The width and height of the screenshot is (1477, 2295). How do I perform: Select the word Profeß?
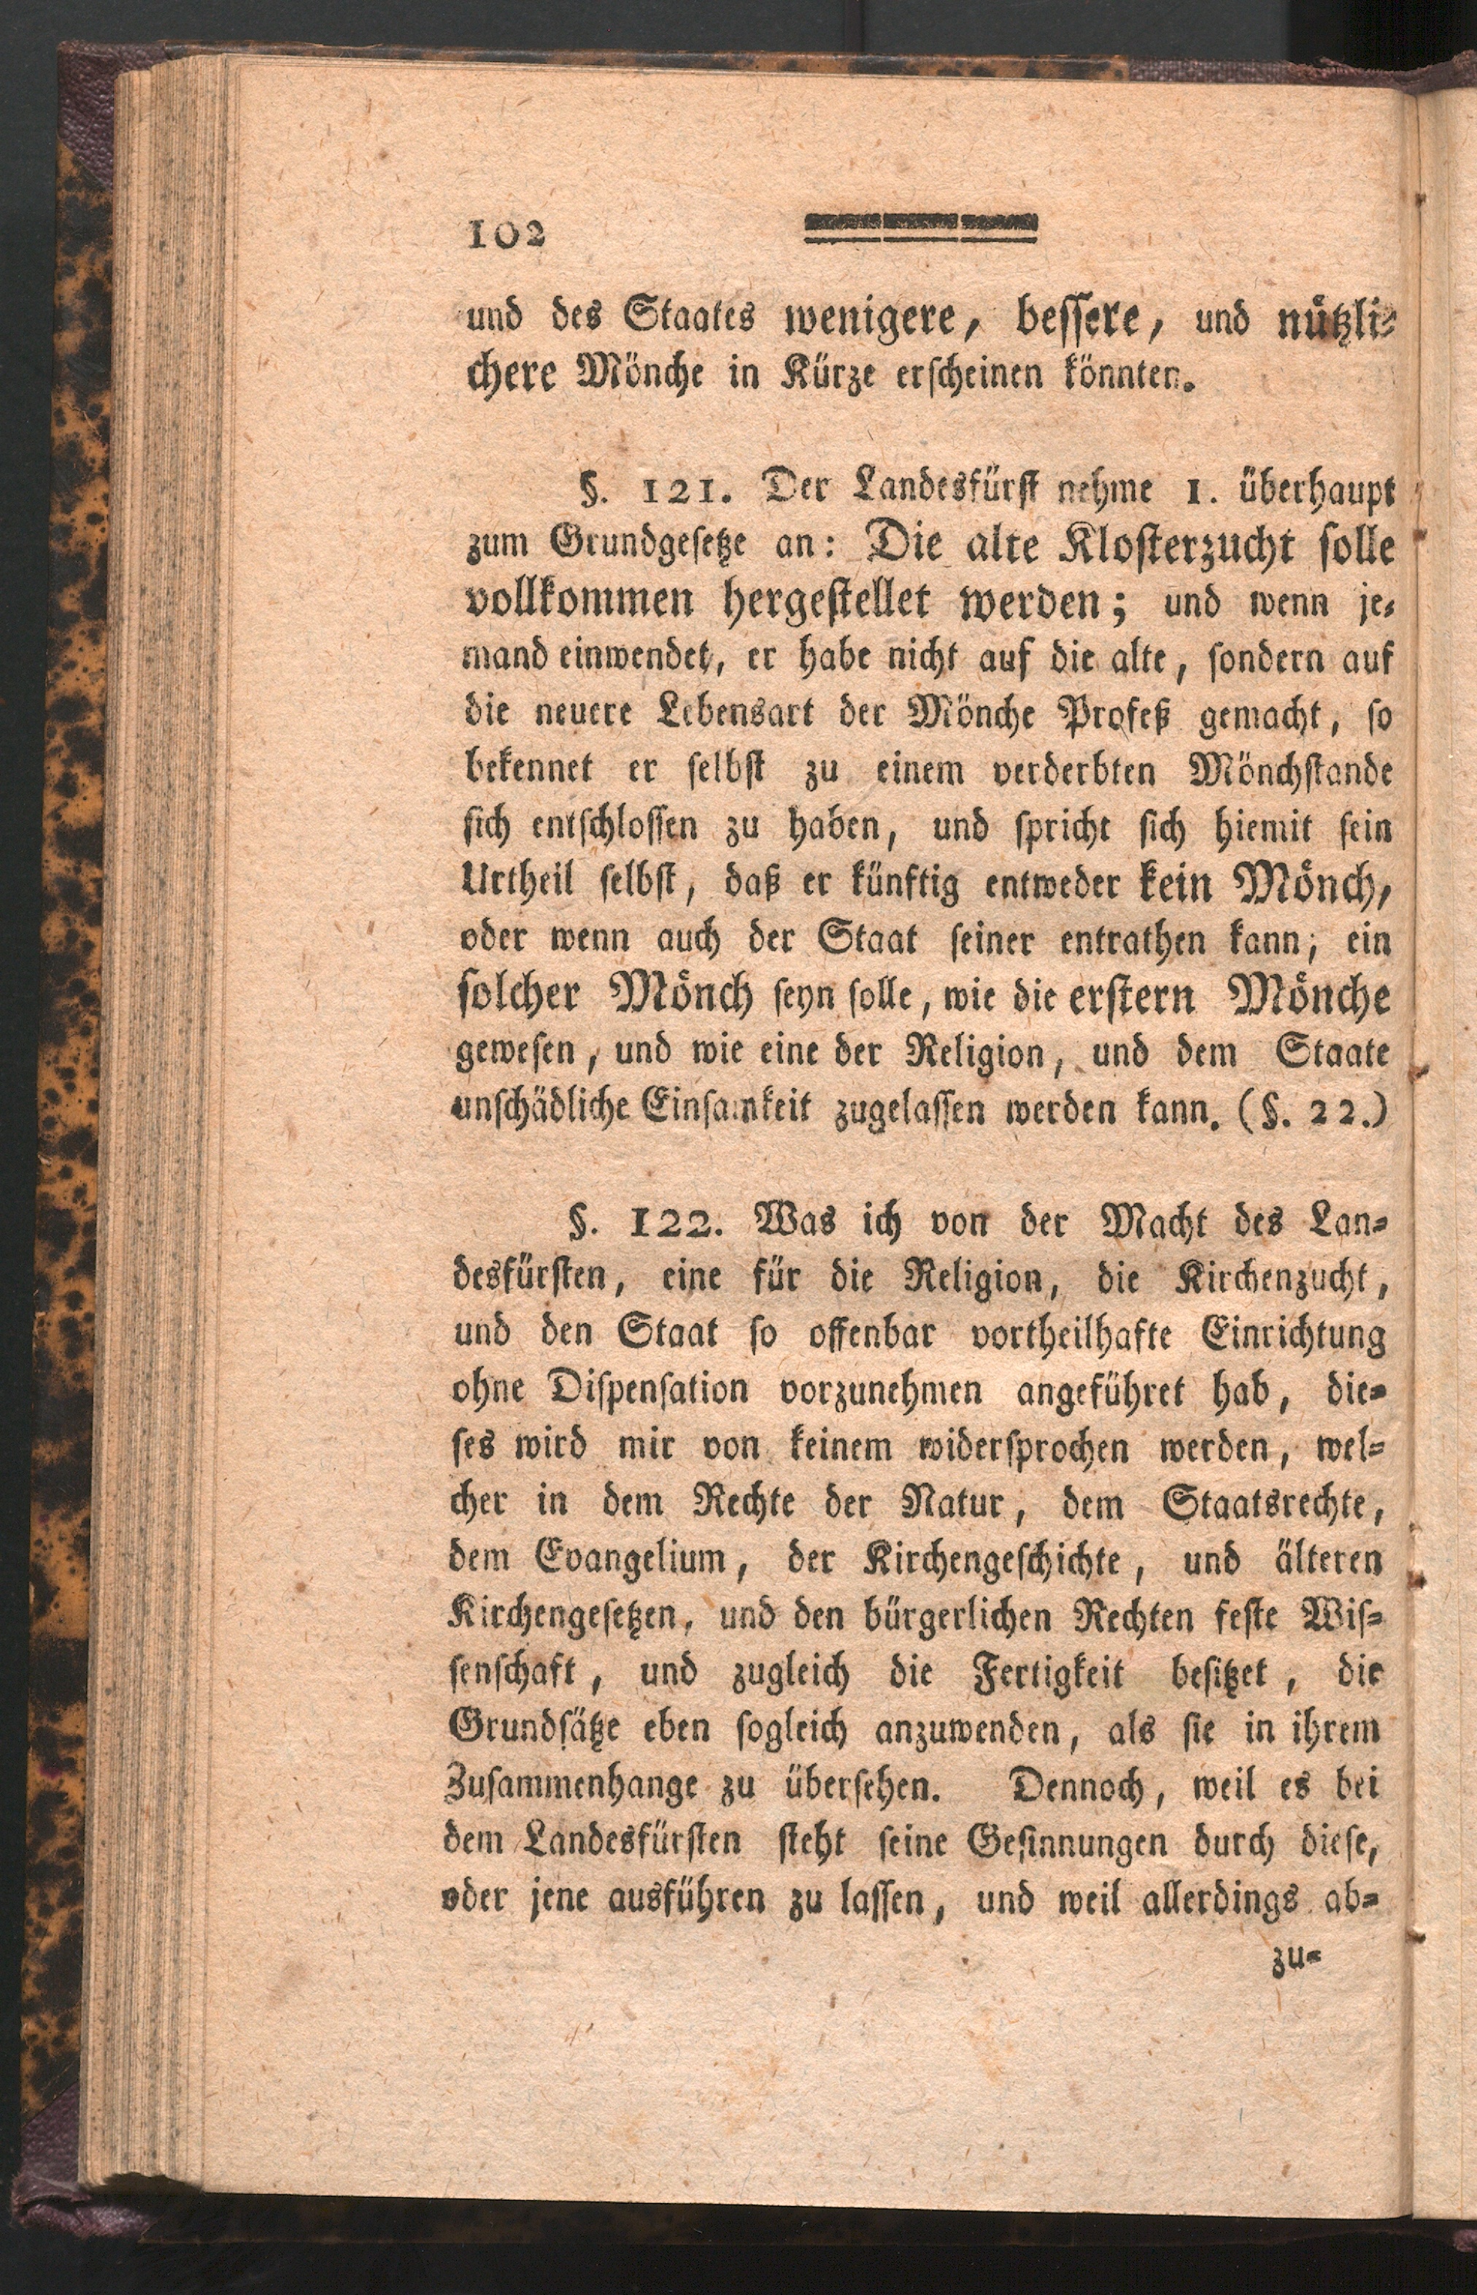(x=1114, y=714)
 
